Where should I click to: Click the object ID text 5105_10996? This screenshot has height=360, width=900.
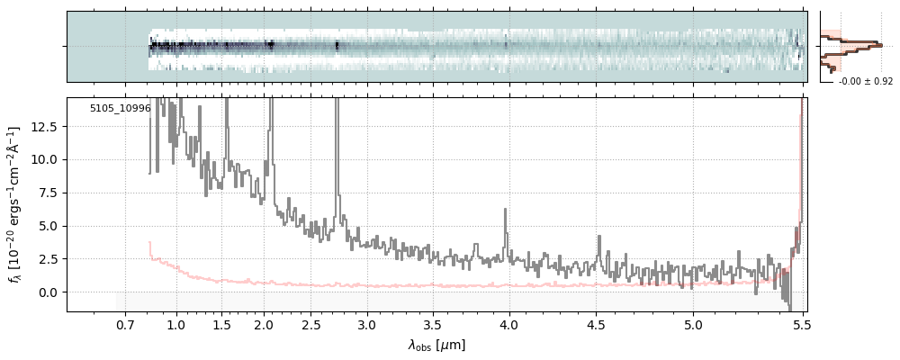click(x=120, y=109)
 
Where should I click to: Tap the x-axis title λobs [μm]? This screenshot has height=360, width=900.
click(x=436, y=345)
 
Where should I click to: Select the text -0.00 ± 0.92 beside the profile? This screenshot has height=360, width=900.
click(x=865, y=82)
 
